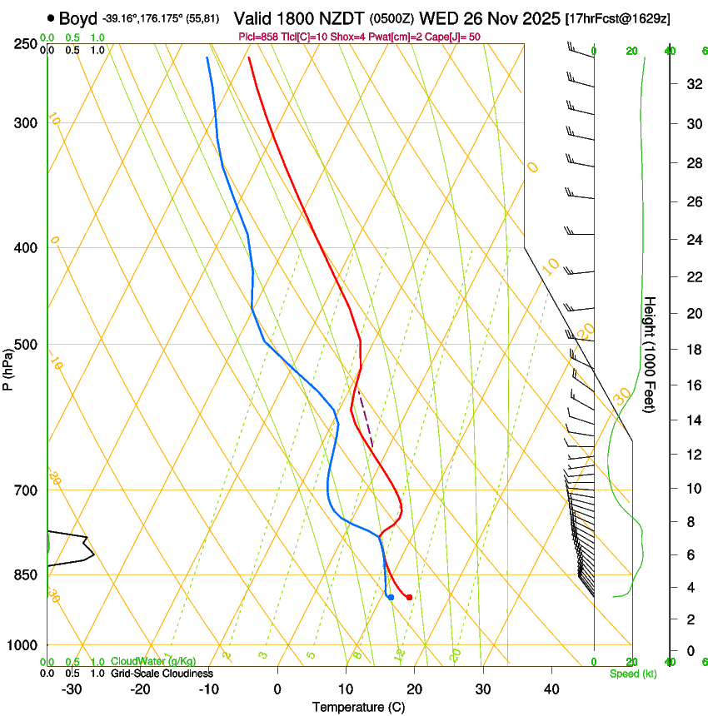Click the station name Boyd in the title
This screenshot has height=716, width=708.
(x=77, y=18)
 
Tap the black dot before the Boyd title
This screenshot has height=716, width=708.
(x=52, y=17)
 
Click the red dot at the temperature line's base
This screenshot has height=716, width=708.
(x=409, y=597)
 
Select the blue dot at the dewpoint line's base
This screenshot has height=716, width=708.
(x=391, y=597)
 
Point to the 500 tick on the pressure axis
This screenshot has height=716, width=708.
(x=25, y=345)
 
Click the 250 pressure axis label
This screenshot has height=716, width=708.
(x=25, y=43)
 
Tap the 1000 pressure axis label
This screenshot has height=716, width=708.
(x=22, y=645)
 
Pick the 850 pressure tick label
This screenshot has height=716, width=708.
(x=25, y=575)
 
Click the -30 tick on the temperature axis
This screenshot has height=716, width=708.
(x=72, y=689)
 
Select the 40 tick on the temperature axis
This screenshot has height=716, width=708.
(x=551, y=689)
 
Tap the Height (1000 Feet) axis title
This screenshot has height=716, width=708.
(x=651, y=355)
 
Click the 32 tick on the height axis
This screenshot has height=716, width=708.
(x=691, y=84)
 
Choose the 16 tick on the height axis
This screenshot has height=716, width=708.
(x=691, y=385)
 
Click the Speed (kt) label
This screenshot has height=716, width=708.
(x=633, y=674)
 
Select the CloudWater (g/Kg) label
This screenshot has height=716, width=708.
(x=154, y=662)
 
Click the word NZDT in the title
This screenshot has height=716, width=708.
(x=341, y=18)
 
